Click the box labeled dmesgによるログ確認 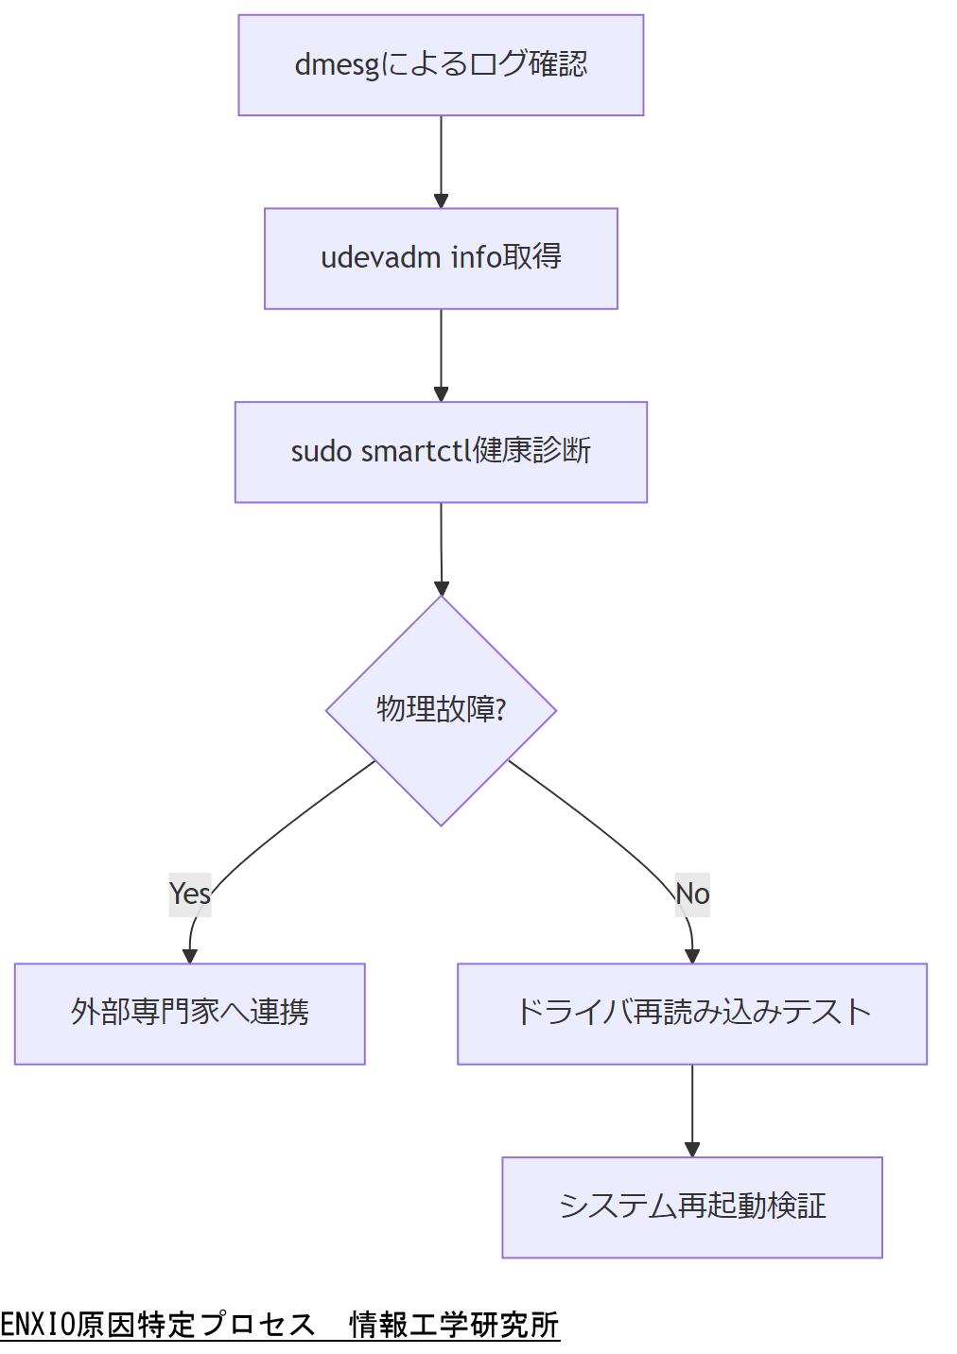441,65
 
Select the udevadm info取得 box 441,258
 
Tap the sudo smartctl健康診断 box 441,452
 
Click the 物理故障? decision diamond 441,710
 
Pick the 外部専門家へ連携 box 189,1014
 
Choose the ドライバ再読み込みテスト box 691,1014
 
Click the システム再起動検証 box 691,1207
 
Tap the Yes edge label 189,894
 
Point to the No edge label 692,894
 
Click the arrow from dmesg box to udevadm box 441,161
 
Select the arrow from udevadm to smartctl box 441,355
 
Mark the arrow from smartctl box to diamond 441,548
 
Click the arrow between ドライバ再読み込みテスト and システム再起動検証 691,1110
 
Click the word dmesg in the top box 337,65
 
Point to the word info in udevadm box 476,257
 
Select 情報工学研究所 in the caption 454,1325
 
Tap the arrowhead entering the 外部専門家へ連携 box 190,956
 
